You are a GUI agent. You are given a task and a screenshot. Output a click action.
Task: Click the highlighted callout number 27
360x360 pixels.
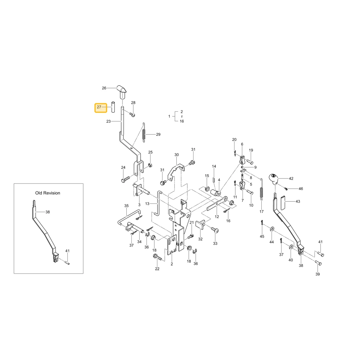coord(99,107)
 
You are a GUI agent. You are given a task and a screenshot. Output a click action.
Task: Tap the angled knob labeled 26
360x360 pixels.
coord(121,91)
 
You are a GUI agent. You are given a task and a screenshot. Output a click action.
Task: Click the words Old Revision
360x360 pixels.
coord(48,193)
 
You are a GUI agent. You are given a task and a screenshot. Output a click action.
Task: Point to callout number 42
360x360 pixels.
coord(291,179)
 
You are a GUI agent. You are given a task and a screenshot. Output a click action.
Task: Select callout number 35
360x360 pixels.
coord(126,206)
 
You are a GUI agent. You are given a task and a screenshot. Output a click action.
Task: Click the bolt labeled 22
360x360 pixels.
coord(158,258)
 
